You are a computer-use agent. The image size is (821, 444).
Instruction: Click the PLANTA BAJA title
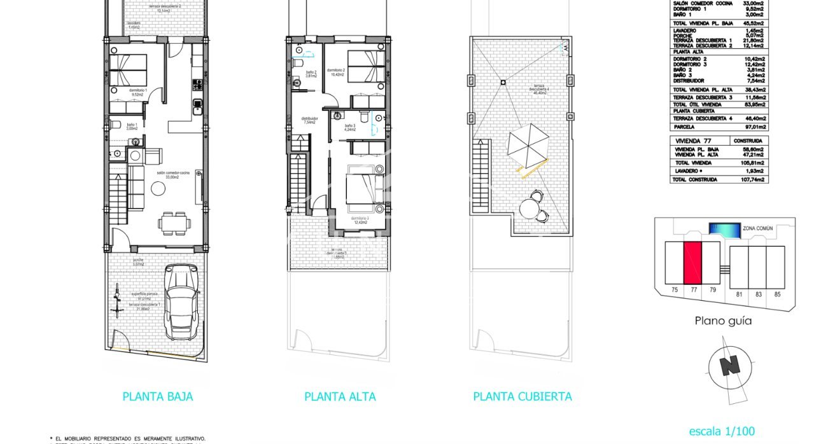pyautogui.click(x=157, y=397)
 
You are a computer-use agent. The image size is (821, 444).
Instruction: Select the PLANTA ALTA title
pyautogui.click(x=340, y=397)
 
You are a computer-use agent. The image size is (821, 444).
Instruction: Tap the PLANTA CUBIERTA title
pyautogui.click(x=522, y=397)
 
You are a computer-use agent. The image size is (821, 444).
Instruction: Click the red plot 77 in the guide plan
pyautogui.click(x=692, y=263)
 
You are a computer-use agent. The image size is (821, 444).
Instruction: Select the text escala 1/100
pyautogui.click(x=722, y=431)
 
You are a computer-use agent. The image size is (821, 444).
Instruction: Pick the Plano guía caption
pyautogui.click(x=722, y=321)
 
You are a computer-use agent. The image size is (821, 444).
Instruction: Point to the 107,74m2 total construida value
pyautogui.click(x=752, y=180)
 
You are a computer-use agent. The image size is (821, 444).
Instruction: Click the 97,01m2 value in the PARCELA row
pyautogui.click(x=752, y=127)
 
